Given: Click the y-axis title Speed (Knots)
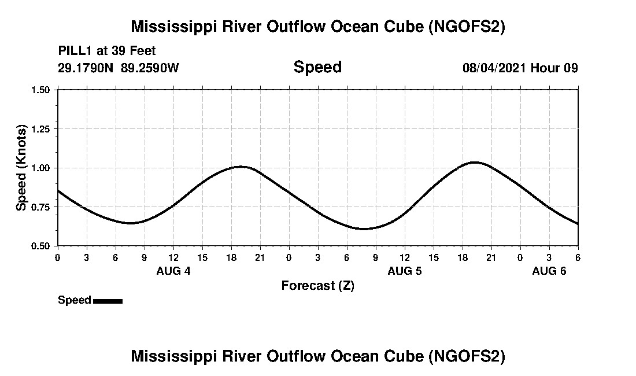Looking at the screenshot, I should (x=21, y=168).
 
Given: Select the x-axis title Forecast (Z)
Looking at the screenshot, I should (x=317, y=285).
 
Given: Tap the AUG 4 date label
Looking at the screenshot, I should (x=173, y=271).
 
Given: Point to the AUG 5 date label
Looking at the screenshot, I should (x=405, y=271).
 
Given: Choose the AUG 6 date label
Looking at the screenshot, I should (x=549, y=271).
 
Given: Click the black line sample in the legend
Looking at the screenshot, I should (x=108, y=301).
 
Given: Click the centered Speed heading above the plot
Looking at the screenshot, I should (x=317, y=67).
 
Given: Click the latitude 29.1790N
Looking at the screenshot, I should (x=87, y=68).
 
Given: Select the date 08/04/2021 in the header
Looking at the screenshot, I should (x=494, y=68).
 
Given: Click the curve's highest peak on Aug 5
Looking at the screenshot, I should (x=475, y=162).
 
